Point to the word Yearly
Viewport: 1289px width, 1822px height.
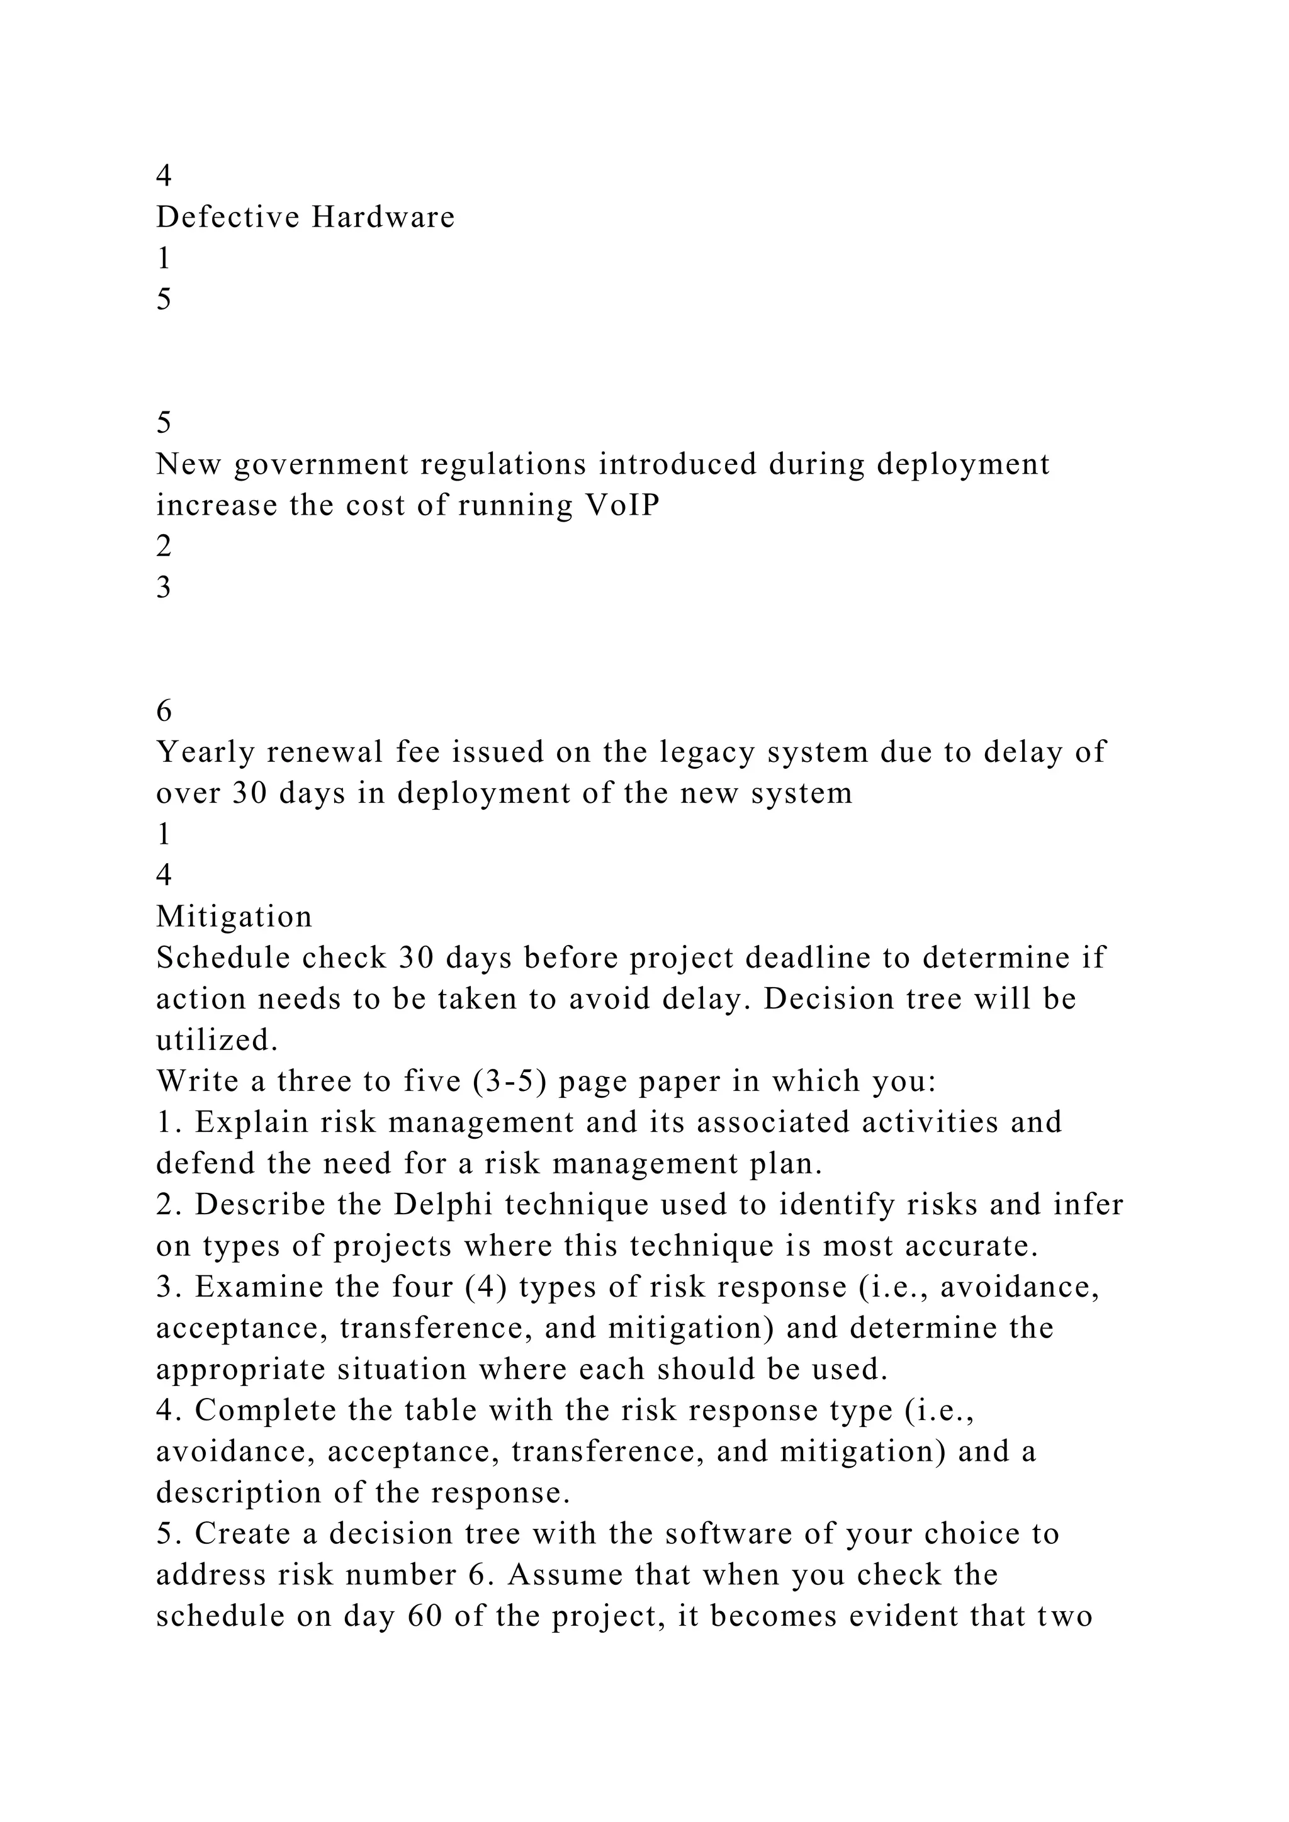point(205,751)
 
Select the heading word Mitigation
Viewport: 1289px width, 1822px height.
point(234,917)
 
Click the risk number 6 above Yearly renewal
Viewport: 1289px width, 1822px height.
point(164,711)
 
